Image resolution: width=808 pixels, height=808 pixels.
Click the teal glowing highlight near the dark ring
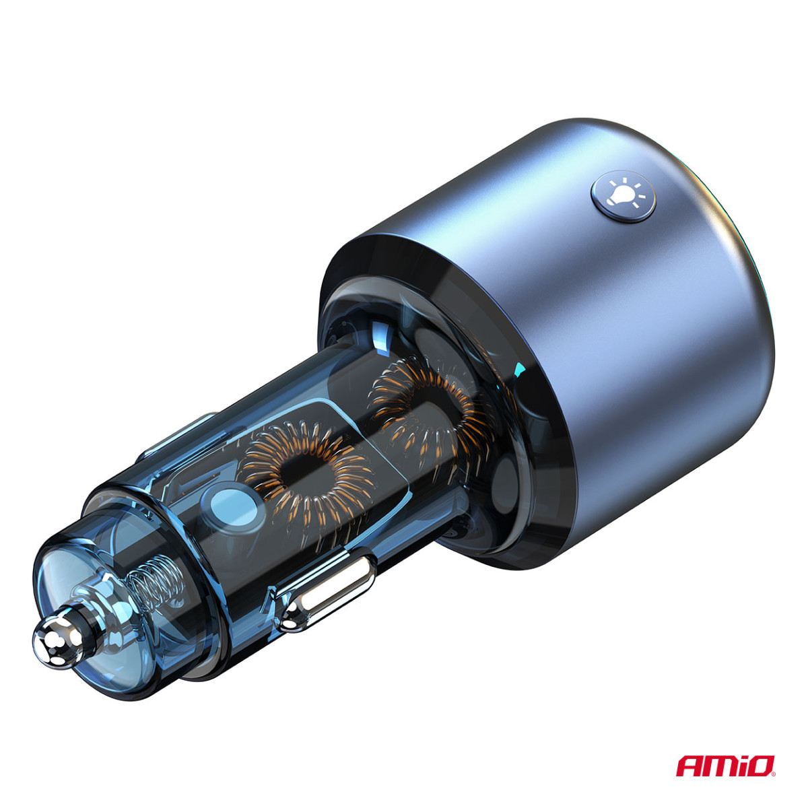pyautogui.click(x=519, y=370)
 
